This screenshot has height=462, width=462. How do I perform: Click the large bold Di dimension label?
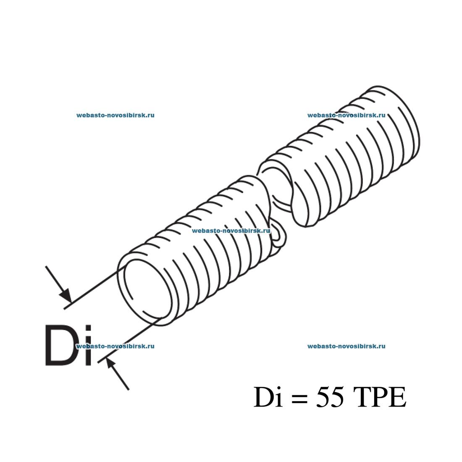tap(68, 345)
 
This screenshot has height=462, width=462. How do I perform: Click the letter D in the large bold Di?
tap(62, 345)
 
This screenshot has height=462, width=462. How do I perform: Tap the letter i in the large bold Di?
tap(87, 345)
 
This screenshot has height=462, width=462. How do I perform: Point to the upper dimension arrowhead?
tap(66, 296)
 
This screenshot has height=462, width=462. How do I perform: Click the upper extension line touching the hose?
tap(92, 289)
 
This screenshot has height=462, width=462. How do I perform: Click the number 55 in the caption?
tap(330, 397)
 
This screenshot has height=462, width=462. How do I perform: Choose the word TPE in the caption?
tap(380, 397)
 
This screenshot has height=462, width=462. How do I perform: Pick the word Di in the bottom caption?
tap(268, 397)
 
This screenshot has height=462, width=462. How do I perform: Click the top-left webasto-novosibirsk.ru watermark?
tap(115, 115)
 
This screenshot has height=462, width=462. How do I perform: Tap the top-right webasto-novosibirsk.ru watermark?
tap(346, 115)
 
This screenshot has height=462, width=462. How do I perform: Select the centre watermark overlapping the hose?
tap(231, 231)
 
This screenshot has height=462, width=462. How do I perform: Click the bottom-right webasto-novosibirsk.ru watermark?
tap(346, 346)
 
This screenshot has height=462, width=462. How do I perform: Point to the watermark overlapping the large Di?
tap(115, 346)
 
